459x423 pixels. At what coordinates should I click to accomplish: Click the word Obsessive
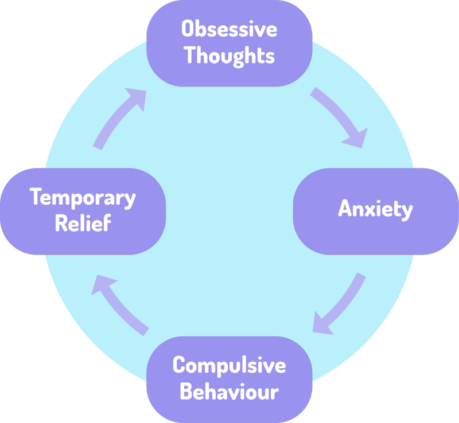click(229, 29)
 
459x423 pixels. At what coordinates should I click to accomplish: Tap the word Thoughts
click(229, 56)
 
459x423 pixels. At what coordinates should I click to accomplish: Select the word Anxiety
click(375, 210)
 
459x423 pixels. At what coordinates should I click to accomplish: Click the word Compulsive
click(229, 365)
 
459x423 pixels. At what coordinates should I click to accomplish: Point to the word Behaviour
click(229, 393)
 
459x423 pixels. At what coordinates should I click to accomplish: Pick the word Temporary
click(83, 198)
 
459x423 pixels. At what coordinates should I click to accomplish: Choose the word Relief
click(83, 224)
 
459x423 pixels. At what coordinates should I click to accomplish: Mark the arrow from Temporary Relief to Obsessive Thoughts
click(118, 120)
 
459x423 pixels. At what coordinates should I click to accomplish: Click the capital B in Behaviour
click(188, 393)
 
